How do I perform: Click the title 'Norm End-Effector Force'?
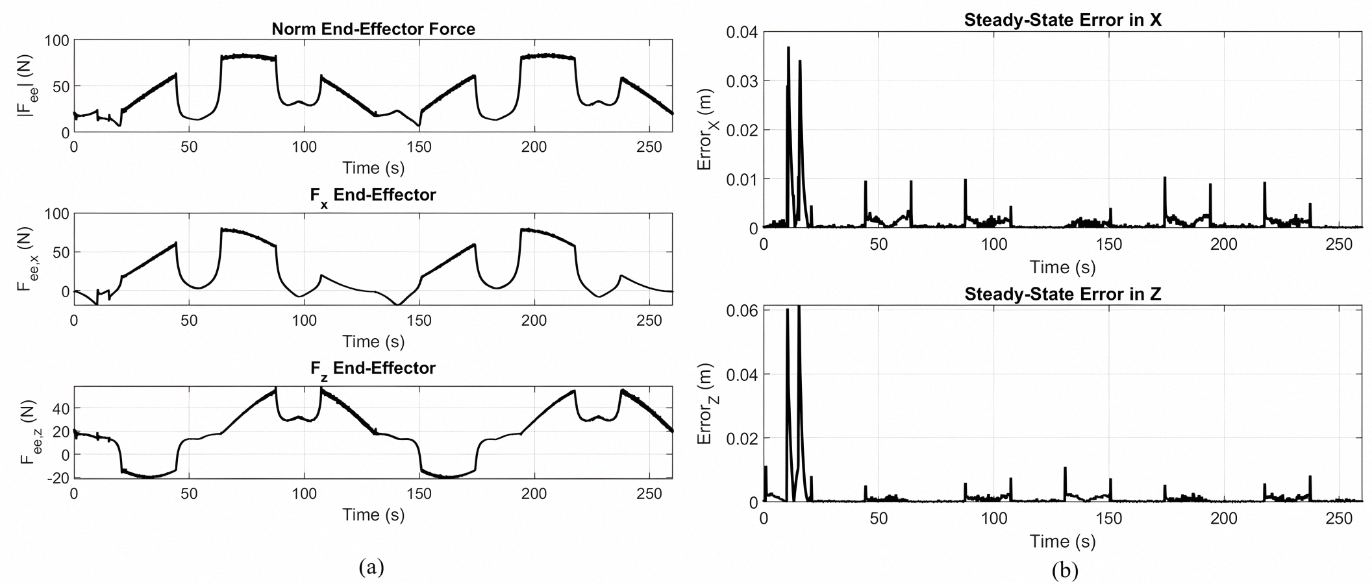[x=373, y=29]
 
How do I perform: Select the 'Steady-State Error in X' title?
[x=1062, y=20]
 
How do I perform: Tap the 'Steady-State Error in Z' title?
[x=1062, y=294]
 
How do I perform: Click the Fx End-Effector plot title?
[x=373, y=195]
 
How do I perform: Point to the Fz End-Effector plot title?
[x=373, y=369]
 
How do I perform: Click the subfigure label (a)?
[x=371, y=567]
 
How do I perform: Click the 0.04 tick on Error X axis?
[x=742, y=32]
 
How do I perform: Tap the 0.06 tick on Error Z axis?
[x=742, y=310]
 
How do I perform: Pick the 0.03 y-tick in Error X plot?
[x=742, y=81]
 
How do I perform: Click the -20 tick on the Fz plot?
[x=57, y=478]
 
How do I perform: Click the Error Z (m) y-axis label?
[x=705, y=404]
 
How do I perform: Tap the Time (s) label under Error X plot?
[x=1062, y=267]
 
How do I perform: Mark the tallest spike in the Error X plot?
[x=788, y=48]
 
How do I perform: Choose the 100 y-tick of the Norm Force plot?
[x=57, y=40]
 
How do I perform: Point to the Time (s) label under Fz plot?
[x=373, y=515]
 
